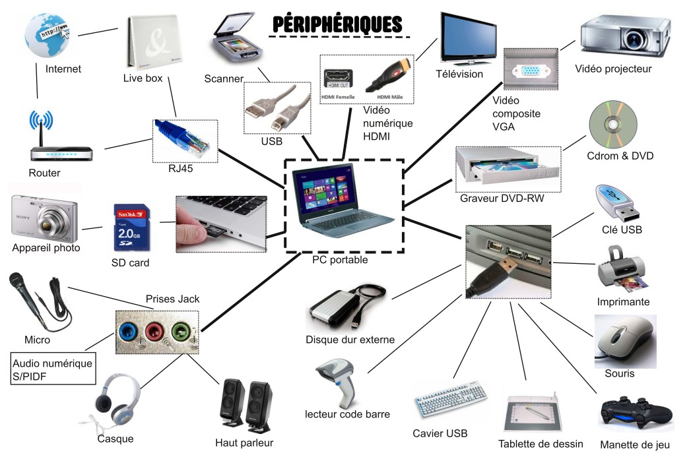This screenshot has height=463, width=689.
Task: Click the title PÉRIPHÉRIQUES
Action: pos(337,24)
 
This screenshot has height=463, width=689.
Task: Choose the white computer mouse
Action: pos(623,340)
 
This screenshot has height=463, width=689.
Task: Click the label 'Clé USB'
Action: pos(622,230)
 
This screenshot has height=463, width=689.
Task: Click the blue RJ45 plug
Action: pos(185,138)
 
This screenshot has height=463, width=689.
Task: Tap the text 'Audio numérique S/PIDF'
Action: pos(53,369)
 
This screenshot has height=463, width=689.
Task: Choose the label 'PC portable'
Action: pos(340,260)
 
